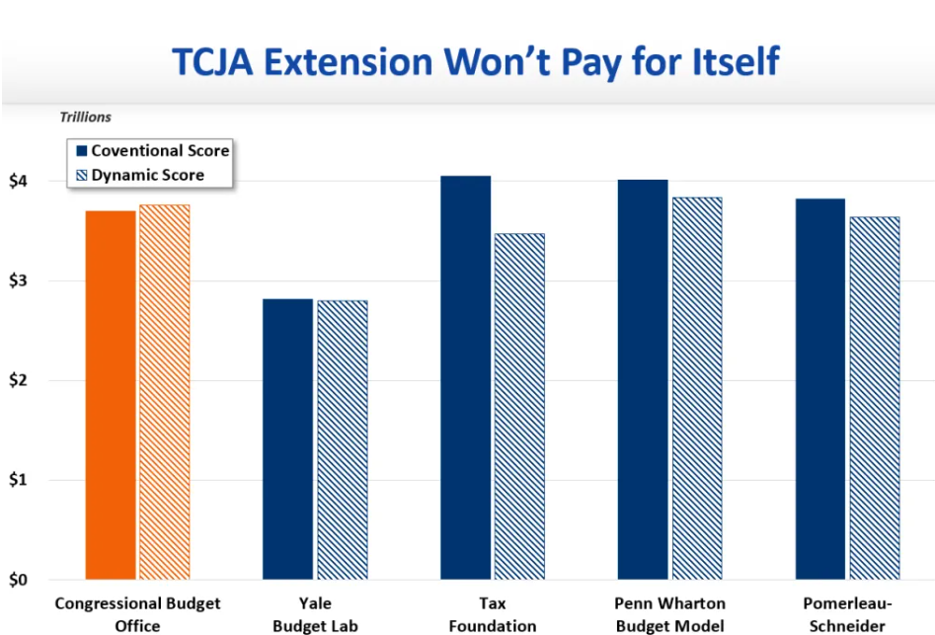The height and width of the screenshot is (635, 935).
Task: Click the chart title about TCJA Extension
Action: pos(476,61)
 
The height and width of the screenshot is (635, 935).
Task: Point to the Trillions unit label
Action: pos(85,117)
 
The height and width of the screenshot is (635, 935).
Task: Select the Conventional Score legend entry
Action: pos(152,151)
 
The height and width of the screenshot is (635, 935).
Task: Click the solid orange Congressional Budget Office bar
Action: pos(111,395)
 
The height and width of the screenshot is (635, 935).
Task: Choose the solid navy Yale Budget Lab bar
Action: pos(287,439)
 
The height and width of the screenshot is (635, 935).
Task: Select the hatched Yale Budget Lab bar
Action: pos(342,440)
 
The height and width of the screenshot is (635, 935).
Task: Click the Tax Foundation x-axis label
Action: pos(492,614)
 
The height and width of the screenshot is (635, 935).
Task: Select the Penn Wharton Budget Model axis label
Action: pos(670,614)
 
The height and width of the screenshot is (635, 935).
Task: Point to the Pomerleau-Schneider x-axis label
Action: pos(848,614)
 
